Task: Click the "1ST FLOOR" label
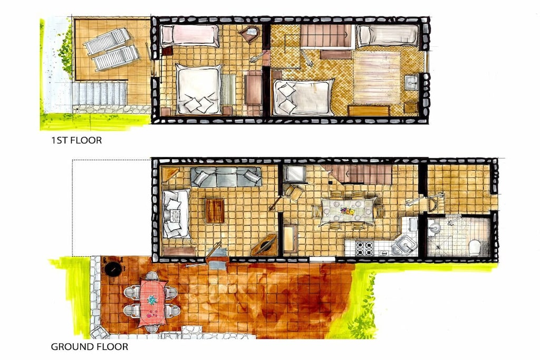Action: click(x=76, y=140)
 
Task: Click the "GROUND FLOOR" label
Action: click(x=90, y=347)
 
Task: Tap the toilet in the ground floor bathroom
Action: click(x=475, y=247)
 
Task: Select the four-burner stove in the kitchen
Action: click(x=364, y=248)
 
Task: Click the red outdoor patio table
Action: click(x=152, y=302)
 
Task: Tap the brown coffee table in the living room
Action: click(x=215, y=210)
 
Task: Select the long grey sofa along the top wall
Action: click(x=226, y=177)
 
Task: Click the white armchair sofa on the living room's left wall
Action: click(x=176, y=213)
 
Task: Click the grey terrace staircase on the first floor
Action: click(x=100, y=94)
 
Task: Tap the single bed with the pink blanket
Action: click(x=189, y=35)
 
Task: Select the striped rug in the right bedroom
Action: click(x=377, y=77)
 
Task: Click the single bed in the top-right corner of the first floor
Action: click(x=388, y=35)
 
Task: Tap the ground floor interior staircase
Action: click(x=358, y=174)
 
